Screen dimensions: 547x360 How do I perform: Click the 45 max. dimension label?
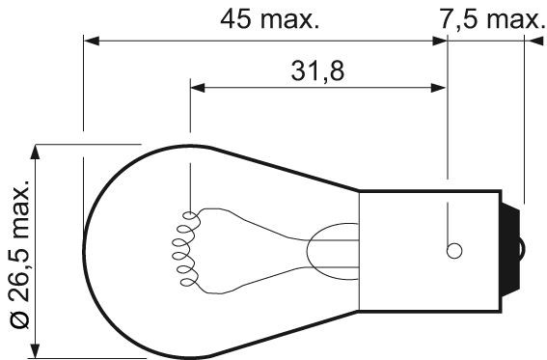point(270,19)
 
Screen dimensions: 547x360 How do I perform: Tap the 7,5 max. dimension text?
point(491,19)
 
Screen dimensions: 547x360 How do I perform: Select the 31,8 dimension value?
point(317,70)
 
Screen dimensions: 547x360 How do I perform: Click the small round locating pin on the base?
point(454,251)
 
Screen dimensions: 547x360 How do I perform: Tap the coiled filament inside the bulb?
point(186,249)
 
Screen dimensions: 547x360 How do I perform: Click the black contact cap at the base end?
point(510,251)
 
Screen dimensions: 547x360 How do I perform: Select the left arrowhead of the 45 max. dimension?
point(92,41)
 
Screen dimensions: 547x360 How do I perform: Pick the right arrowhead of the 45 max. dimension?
point(439,41)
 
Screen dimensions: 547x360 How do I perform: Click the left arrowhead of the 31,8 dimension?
point(198,88)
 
